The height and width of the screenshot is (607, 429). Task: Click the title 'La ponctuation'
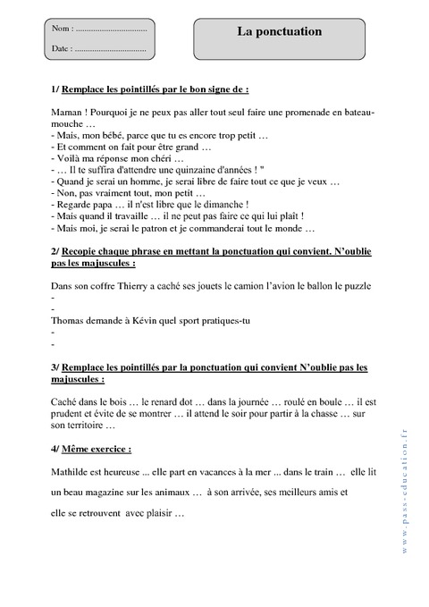coord(279,31)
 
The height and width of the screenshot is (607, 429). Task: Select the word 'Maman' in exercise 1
coord(67,114)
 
